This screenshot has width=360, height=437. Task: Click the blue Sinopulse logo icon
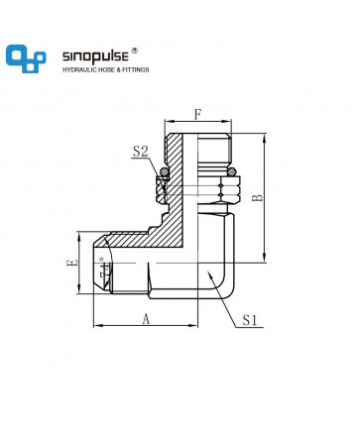coord(26,58)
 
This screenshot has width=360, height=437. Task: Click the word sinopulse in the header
coord(95,56)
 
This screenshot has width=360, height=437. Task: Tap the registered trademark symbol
coord(135,51)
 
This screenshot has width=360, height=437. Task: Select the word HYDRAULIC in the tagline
coord(77,69)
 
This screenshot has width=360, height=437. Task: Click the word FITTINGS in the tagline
coord(136,69)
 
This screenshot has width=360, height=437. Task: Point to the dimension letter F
coord(197,115)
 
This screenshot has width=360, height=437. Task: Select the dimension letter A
coord(146,319)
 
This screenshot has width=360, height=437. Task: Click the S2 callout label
coord(141,152)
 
